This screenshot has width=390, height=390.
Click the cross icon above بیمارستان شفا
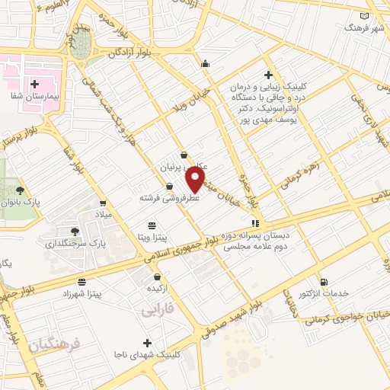pos(34,83)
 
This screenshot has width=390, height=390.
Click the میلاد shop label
pos(101,216)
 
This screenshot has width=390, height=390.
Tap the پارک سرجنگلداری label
pos(74,244)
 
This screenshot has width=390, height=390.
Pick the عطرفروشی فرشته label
pos(170,197)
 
